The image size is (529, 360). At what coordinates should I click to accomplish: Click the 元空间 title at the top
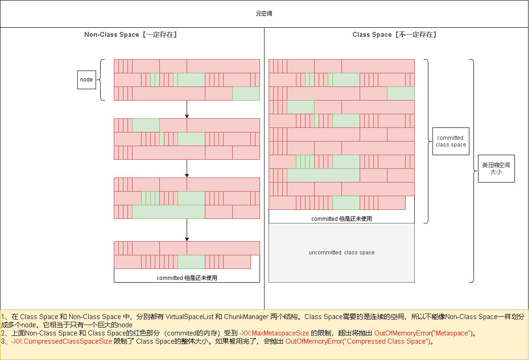tap(264, 14)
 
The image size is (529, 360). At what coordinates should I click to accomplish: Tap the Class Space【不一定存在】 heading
tap(394, 35)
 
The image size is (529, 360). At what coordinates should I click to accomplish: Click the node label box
tap(86, 80)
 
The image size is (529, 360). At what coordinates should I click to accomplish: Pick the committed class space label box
tap(450, 141)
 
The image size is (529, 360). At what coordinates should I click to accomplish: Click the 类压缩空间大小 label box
tap(496, 168)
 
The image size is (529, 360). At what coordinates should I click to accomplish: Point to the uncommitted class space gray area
tap(341, 253)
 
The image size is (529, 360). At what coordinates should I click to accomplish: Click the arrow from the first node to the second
tap(187, 109)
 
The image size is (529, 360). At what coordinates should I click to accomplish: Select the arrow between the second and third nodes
tap(187, 168)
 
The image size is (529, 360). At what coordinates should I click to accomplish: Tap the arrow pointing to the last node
tap(187, 230)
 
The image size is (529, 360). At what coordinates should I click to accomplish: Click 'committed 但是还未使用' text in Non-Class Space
tap(187, 278)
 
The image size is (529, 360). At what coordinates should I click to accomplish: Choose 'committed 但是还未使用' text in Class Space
tap(341, 219)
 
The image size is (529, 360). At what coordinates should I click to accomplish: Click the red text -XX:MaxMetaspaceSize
tap(274, 333)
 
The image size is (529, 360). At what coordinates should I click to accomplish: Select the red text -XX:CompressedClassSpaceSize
tap(61, 342)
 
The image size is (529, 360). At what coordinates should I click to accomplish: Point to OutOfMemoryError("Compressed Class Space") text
tap(357, 342)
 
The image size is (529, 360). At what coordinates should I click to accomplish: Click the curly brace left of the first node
tap(102, 80)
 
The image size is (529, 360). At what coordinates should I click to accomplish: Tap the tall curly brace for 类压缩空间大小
tap(472, 171)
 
